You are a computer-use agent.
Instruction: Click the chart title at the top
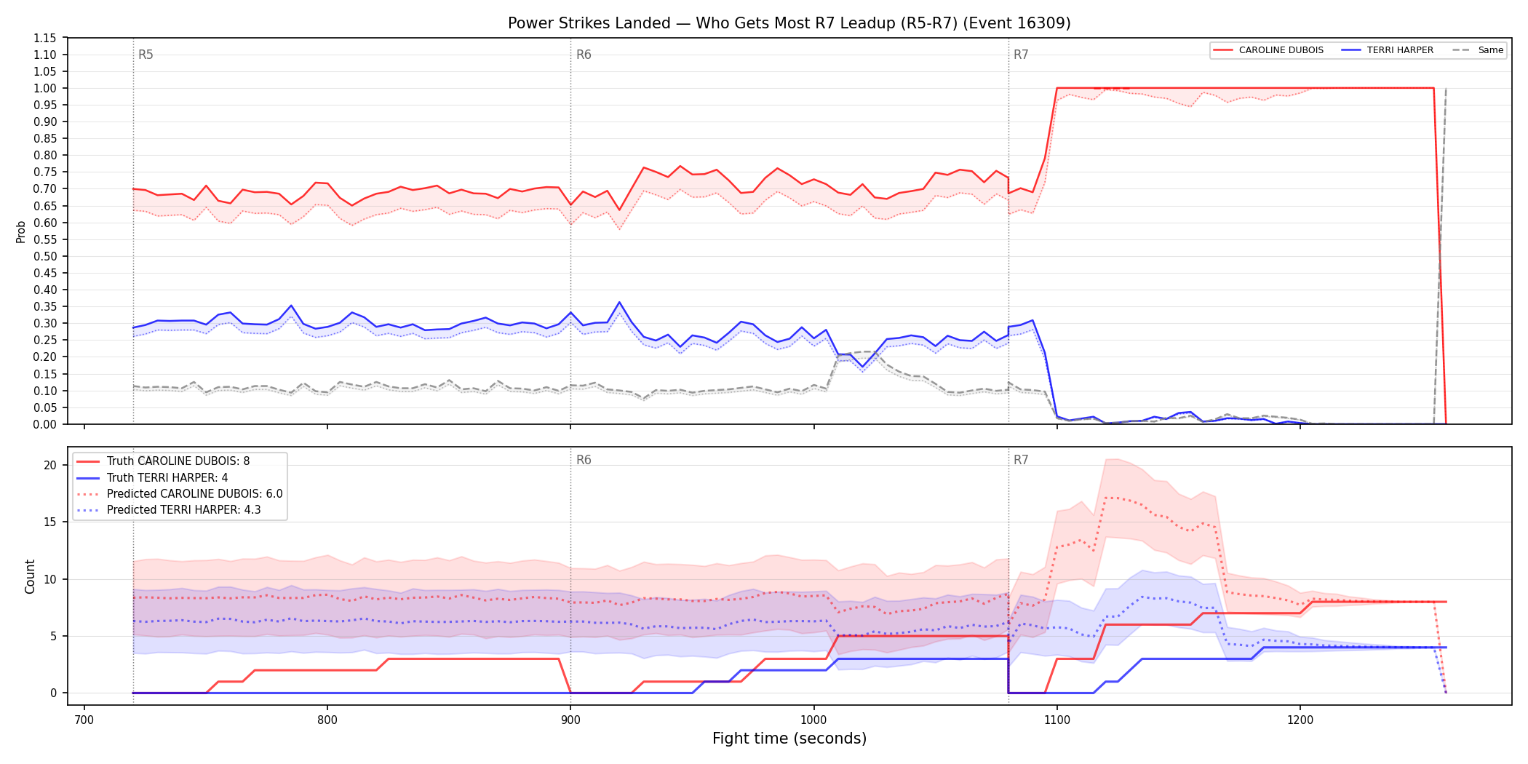pyautogui.click(x=789, y=23)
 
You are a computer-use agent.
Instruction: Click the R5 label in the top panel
pyautogui.click(x=146, y=55)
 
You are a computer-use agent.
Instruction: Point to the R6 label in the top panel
pyautogui.click(x=584, y=55)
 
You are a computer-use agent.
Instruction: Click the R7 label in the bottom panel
pyautogui.click(x=1021, y=460)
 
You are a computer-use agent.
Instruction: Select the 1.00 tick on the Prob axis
pyautogui.click(x=45, y=88)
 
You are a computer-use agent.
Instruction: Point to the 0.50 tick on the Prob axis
pyautogui.click(x=45, y=256)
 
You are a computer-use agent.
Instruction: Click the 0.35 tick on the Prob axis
pyautogui.click(x=45, y=306)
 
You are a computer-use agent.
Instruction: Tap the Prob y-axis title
pyautogui.click(x=21, y=231)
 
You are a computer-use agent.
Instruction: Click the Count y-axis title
pyautogui.click(x=30, y=576)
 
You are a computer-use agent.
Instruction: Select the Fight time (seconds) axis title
pyautogui.click(x=789, y=739)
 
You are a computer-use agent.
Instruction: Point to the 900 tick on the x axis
pyautogui.click(x=570, y=720)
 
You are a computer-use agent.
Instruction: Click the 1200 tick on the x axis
pyautogui.click(x=1300, y=720)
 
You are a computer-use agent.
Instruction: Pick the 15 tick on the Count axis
pyautogui.click(x=50, y=522)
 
